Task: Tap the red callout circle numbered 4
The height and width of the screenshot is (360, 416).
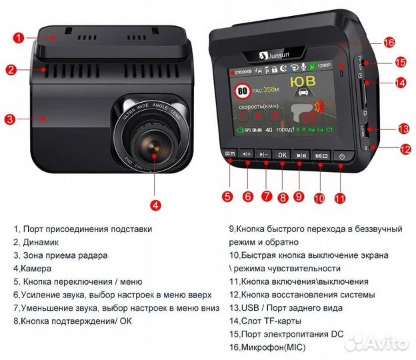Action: [x=155, y=205]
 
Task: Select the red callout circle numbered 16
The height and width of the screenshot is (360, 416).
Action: [x=389, y=42]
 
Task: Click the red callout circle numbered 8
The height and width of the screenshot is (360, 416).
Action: [x=283, y=197]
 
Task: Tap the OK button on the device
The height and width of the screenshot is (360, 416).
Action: [x=282, y=155]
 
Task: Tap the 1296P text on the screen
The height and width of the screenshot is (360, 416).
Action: [x=326, y=67]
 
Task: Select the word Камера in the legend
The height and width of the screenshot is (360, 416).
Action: [x=39, y=268]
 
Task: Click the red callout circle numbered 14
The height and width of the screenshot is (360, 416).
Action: [x=400, y=83]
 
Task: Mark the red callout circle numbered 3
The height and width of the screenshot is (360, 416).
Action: [x=9, y=120]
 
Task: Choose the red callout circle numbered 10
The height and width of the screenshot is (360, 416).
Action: [x=319, y=198]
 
